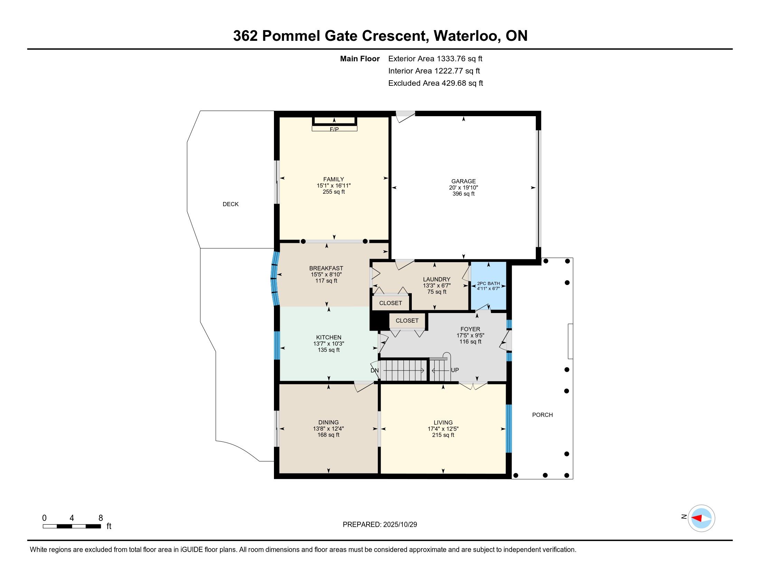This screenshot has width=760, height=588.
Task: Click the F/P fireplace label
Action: [334, 129]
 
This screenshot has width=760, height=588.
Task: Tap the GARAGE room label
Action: [463, 181]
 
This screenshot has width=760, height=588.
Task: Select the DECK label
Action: [231, 204]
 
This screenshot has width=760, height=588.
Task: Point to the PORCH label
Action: [542, 414]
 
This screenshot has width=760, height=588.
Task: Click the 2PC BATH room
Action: [488, 286]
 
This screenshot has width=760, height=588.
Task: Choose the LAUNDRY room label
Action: [436, 279]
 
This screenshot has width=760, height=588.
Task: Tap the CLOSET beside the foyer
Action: [407, 321]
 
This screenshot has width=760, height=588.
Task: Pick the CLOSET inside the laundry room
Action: [390, 303]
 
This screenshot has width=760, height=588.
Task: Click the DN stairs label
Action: [374, 370]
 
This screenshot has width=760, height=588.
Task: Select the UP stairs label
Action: [455, 370]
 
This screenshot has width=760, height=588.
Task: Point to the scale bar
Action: [72, 526]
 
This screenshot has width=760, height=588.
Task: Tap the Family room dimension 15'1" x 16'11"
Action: [333, 186]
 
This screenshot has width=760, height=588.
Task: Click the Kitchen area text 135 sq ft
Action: [329, 350]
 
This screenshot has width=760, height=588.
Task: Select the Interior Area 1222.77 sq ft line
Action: [434, 71]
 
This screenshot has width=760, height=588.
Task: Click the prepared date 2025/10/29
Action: [400, 524]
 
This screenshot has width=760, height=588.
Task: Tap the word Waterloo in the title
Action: [466, 36]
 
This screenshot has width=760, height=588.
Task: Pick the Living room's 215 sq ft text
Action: [443, 435]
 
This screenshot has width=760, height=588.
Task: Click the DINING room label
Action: [329, 422]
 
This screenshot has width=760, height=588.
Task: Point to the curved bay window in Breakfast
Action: [275, 279]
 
